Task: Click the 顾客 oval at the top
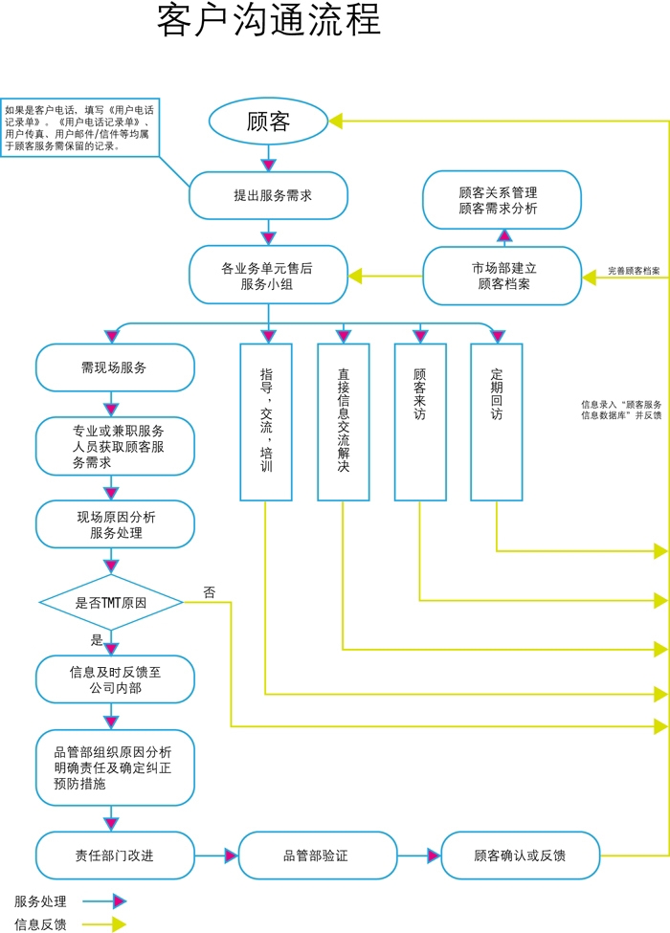click(268, 122)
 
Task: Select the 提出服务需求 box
click(268, 195)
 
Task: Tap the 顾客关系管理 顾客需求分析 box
click(502, 200)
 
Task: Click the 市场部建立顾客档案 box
click(502, 276)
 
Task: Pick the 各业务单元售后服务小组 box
click(268, 276)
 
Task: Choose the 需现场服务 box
click(115, 367)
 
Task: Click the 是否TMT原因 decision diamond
click(111, 603)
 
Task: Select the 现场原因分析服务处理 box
click(115, 524)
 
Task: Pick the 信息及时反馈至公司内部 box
click(115, 679)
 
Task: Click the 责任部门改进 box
click(115, 855)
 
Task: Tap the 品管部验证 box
click(317, 855)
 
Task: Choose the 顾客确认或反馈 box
click(520, 855)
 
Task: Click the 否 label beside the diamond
click(210, 592)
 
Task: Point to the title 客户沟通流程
click(269, 21)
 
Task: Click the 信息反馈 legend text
click(41, 924)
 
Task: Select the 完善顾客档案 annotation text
click(634, 271)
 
